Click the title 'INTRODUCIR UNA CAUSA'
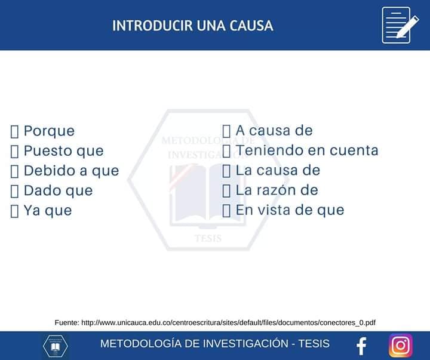[192, 26]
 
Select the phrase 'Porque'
[49, 131]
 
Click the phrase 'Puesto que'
[63, 150]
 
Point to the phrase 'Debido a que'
[71, 171]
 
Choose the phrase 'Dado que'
[58, 190]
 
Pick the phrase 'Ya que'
[47, 210]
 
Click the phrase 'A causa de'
[274, 130]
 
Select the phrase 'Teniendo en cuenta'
[307, 150]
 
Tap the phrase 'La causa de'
[278, 170]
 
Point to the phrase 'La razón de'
[277, 190]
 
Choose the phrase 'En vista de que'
[290, 210]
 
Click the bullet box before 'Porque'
[15, 131]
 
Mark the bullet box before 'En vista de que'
[226, 210]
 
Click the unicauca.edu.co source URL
[228, 322]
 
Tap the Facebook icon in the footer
[361, 346]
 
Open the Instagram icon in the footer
[400, 346]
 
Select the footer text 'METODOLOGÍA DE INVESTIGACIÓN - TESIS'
[215, 344]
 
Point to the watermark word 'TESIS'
[208, 238]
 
